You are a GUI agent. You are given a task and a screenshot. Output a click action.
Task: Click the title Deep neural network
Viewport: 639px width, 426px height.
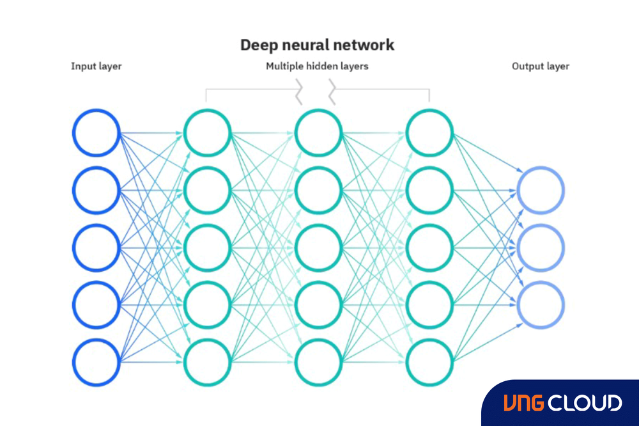pos(317,45)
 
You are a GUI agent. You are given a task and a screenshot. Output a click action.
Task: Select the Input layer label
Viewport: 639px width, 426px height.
pos(96,66)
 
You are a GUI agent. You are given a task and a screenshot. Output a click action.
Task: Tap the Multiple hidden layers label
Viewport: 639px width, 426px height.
pos(317,66)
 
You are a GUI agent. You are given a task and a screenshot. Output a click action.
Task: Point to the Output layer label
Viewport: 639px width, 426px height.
pos(540,66)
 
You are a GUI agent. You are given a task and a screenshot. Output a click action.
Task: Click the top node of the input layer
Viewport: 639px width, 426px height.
pos(96,133)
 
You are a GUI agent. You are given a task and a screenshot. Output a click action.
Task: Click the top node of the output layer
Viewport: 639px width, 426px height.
pos(541,191)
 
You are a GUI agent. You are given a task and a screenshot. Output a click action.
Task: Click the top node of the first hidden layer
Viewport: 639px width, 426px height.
pos(207,133)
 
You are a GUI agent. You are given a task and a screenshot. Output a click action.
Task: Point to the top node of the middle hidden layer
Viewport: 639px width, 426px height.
pos(318,133)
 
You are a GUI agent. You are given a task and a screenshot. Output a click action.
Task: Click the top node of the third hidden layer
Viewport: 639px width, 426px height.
pos(429,133)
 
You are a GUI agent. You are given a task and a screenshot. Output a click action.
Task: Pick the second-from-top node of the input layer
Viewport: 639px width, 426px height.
pos(96,191)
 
